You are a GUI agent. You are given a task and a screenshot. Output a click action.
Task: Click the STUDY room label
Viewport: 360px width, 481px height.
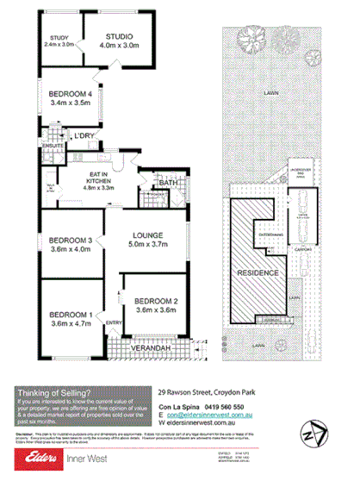click(59, 37)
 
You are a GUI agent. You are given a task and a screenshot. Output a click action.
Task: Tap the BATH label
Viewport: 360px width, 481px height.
click(168, 184)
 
